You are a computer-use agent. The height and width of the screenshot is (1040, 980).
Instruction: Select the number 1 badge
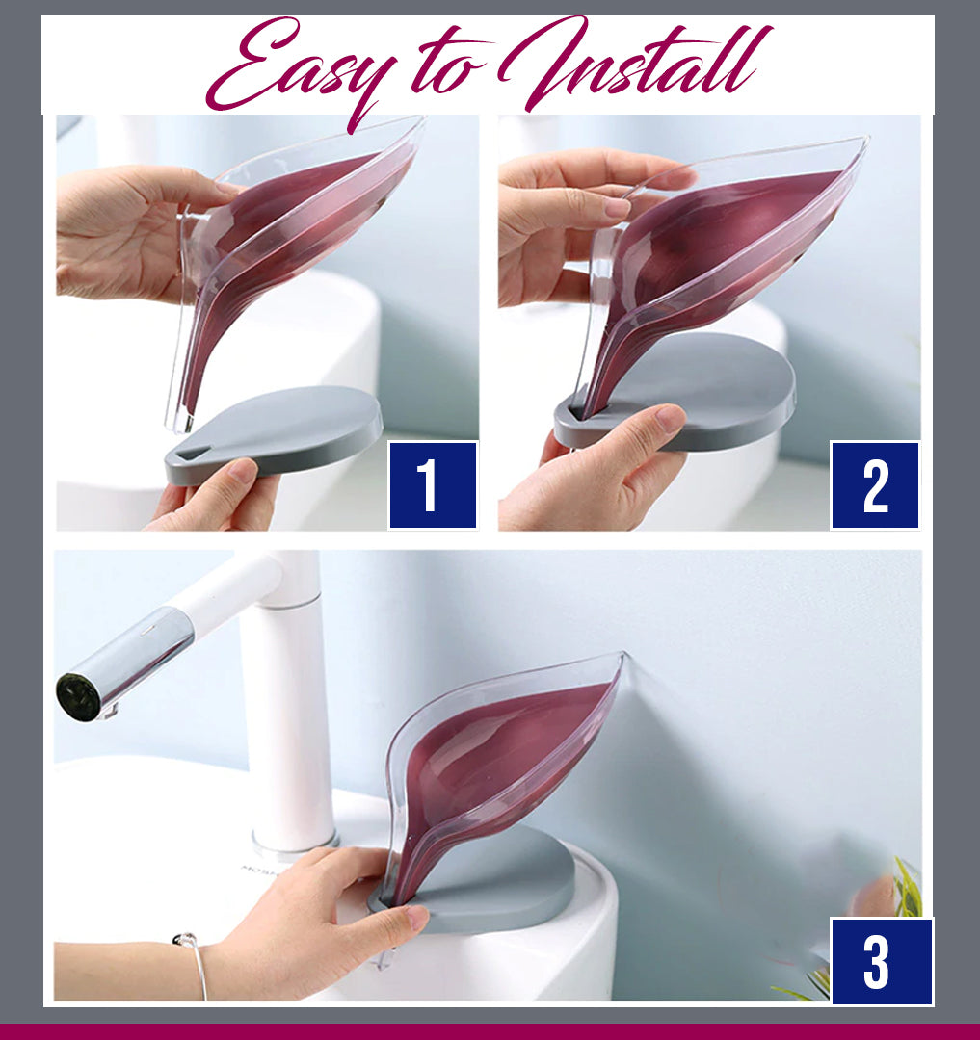point(433,485)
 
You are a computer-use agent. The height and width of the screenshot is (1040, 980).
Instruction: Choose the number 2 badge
point(875,485)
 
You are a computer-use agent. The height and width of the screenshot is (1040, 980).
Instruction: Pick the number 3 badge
point(881,961)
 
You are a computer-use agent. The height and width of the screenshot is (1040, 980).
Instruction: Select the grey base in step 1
point(279,433)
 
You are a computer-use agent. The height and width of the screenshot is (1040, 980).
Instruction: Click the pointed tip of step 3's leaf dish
point(622,657)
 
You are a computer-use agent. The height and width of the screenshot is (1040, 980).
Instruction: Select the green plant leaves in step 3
point(906,891)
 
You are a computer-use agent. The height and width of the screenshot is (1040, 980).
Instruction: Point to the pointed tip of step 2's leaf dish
point(863,143)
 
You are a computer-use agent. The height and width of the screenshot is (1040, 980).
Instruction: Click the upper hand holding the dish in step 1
point(125,231)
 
